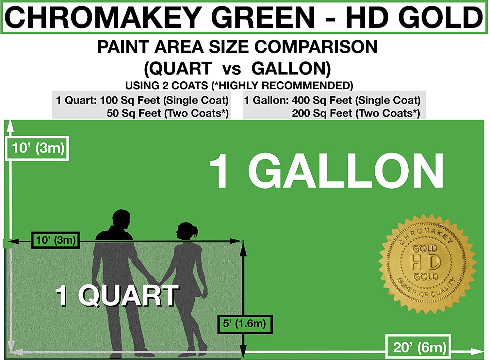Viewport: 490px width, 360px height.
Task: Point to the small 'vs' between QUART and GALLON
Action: coord(232,70)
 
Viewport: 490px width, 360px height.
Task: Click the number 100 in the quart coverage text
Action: coord(109,100)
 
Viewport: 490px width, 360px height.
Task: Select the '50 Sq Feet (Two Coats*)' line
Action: coord(168,113)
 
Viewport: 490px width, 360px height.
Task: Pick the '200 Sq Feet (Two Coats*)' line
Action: coord(356,113)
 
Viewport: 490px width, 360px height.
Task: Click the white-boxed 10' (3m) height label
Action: coord(38,148)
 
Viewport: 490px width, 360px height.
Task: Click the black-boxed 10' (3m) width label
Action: coord(56,240)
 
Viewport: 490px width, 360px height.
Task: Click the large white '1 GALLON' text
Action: coord(326,171)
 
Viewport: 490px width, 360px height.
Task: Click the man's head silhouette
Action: coord(121,220)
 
